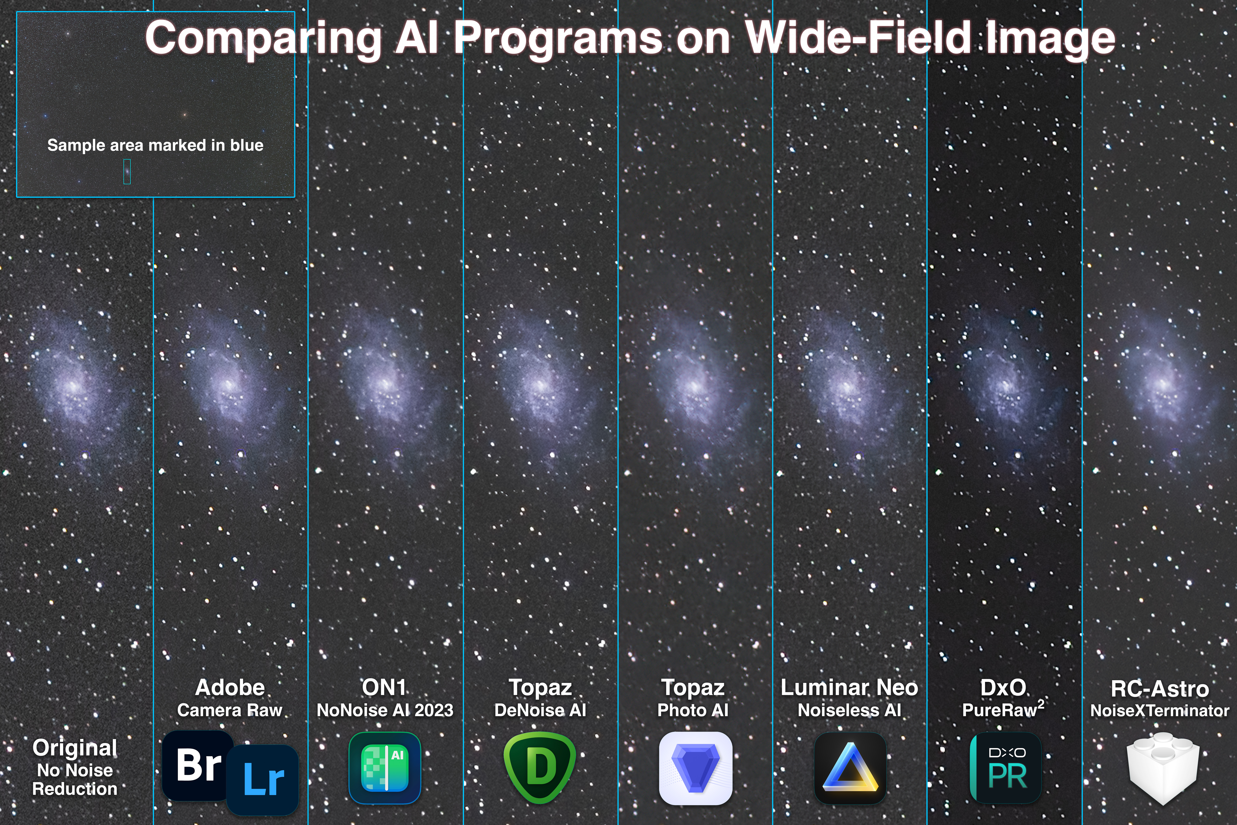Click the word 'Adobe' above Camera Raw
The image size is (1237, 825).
tap(230, 687)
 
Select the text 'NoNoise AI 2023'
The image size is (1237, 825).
tap(385, 710)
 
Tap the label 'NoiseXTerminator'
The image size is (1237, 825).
tap(1160, 711)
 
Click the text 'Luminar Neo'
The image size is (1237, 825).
tap(849, 687)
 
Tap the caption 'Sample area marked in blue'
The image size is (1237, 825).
tap(155, 145)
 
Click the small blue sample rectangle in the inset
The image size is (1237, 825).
tap(127, 172)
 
